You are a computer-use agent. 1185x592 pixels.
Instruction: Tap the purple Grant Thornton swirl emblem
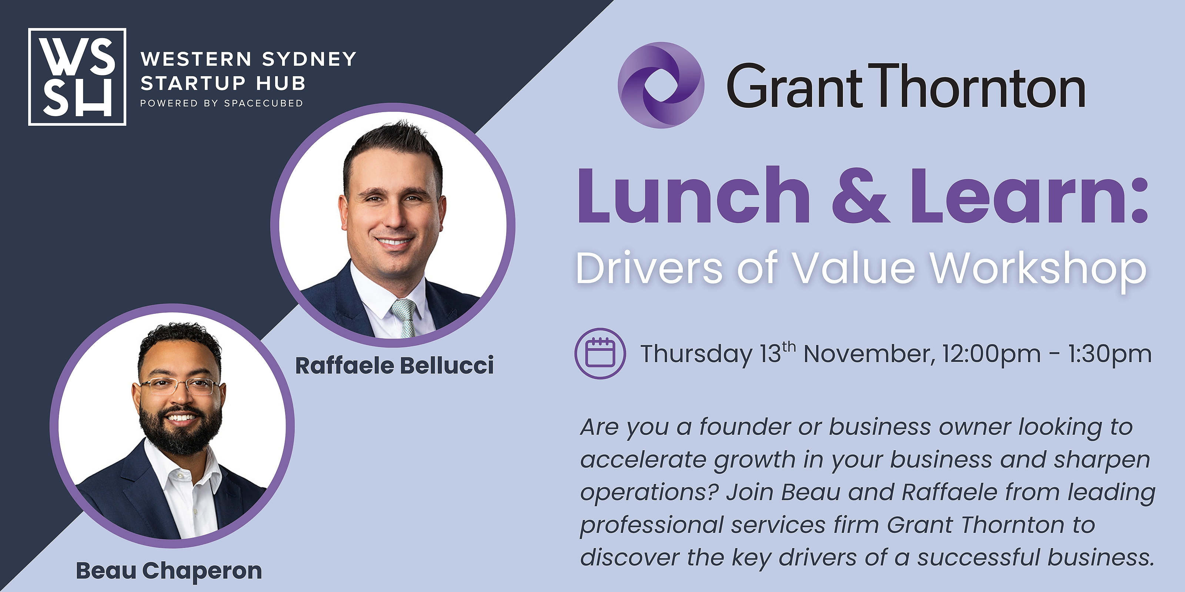pos(661,85)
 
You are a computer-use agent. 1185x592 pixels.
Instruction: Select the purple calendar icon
pos(600,353)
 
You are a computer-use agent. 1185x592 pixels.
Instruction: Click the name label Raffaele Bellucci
pos(394,366)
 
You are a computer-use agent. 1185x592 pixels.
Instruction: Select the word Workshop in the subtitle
pos(1038,269)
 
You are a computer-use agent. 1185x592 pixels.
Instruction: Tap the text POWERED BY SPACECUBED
pos(222,104)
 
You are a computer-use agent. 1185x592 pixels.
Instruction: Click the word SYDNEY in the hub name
pos(309,59)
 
